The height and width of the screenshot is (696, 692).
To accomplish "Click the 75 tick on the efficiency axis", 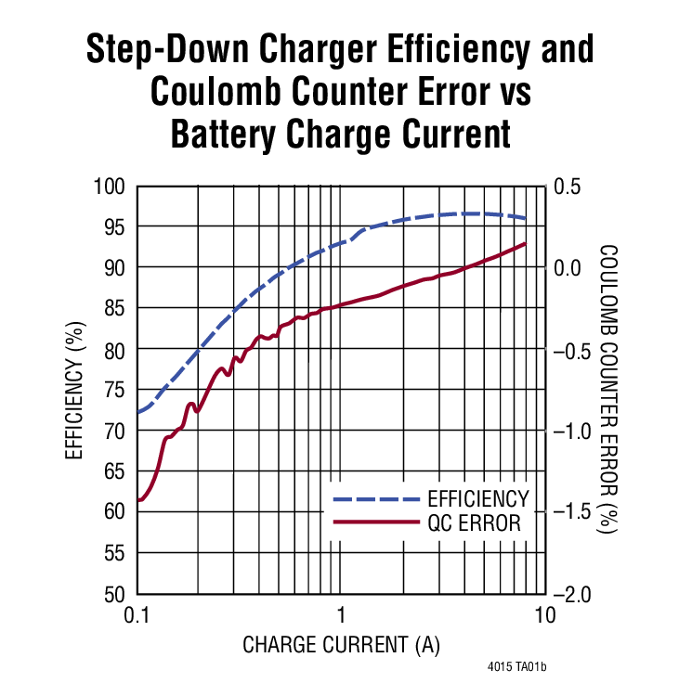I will point(114,390).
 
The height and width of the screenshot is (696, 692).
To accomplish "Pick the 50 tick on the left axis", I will point(114,593).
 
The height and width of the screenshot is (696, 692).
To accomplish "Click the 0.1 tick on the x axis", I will point(137,614).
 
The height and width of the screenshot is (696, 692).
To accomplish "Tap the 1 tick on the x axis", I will point(341,614).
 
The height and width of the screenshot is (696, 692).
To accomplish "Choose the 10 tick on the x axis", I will point(544,614).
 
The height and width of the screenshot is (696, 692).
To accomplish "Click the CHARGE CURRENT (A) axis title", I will point(341,644).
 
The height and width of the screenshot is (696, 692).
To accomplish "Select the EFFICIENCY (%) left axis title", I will point(76,390).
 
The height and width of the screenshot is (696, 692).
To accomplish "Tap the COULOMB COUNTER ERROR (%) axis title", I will point(608,390).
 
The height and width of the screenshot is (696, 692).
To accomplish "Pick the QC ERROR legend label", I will point(475,523).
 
